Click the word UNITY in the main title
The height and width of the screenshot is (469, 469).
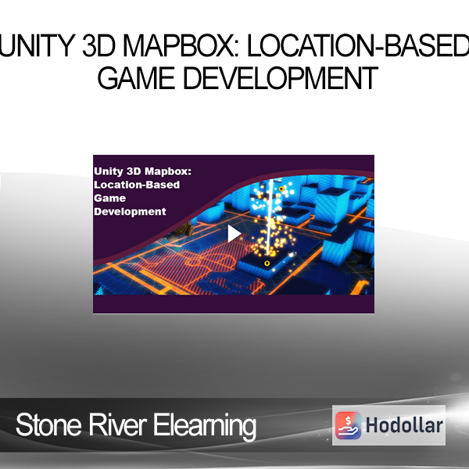point(38,46)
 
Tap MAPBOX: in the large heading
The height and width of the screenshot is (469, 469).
point(181,46)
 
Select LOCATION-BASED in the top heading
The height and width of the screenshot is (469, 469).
point(358,46)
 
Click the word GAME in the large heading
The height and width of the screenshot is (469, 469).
point(136,78)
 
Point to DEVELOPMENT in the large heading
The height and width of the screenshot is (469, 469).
point(281,78)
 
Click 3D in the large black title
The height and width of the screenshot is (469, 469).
point(99,46)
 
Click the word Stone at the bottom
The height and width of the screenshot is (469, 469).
point(48,425)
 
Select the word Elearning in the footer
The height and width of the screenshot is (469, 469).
point(205,427)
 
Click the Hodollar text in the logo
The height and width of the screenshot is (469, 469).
point(404,425)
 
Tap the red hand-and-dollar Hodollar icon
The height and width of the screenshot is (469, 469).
point(348,425)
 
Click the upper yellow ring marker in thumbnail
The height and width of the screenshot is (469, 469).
point(281,188)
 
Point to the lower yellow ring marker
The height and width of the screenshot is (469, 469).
point(267,263)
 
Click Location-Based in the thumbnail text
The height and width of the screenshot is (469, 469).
point(137,184)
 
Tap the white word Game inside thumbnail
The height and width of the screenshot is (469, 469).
point(109,199)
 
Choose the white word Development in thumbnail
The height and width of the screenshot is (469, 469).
point(130,212)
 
